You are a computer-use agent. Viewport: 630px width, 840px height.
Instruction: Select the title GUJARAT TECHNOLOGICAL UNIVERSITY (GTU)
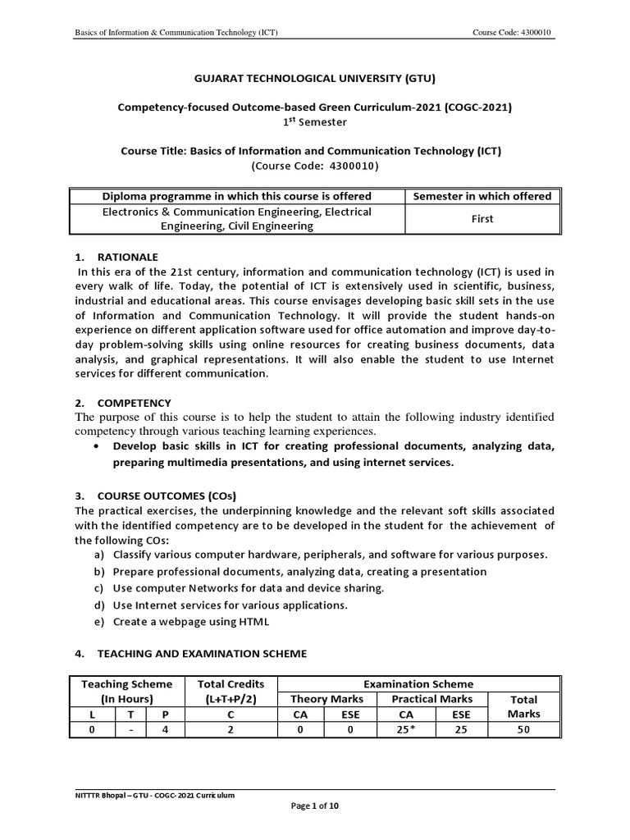point(314,79)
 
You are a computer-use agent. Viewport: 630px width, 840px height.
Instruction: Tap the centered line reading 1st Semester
point(314,122)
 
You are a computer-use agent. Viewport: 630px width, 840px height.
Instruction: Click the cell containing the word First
point(482,219)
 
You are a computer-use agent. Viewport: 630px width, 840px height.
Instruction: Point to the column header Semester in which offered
point(482,196)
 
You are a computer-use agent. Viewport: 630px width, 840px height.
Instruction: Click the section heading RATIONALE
point(127,257)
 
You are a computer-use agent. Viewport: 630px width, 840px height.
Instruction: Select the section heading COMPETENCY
point(134,403)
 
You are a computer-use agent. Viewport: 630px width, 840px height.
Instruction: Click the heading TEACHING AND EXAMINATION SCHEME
point(202,654)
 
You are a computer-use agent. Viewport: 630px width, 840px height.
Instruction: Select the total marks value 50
point(523,729)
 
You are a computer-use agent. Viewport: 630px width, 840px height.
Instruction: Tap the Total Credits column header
point(231,691)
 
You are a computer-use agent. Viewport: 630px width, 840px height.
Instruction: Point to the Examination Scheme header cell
point(419,683)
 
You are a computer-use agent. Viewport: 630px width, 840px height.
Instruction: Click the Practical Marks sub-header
point(432,699)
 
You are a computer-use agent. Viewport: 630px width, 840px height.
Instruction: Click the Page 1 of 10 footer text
point(315,806)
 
